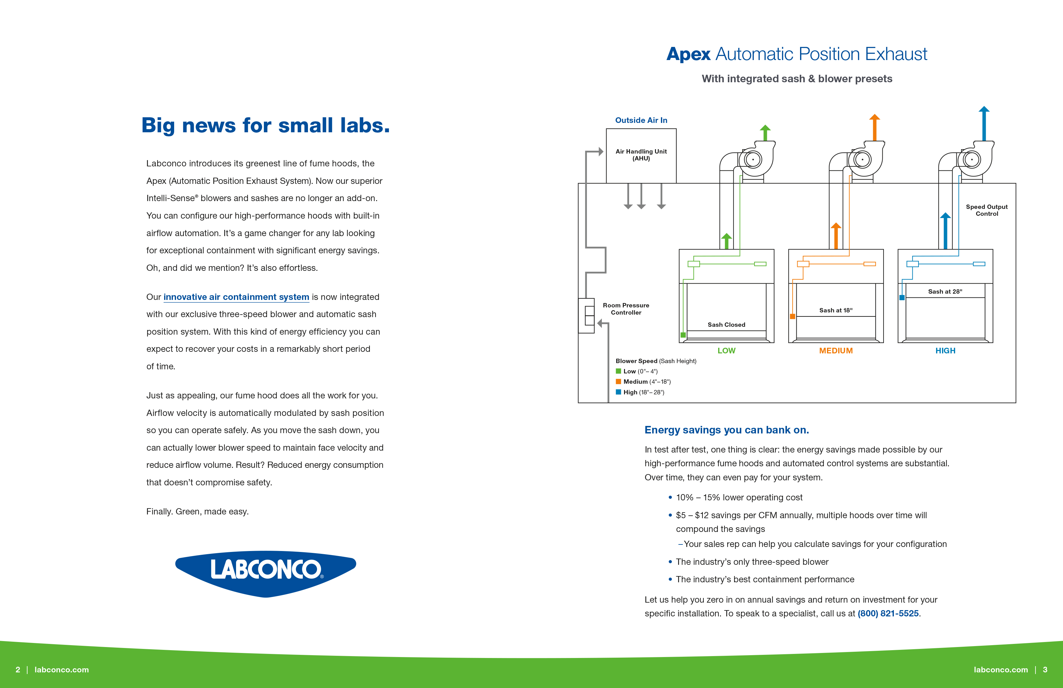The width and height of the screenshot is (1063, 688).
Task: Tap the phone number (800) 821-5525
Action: coord(888,613)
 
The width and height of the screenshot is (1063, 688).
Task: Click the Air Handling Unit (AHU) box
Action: coord(641,155)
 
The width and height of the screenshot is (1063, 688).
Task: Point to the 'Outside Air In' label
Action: coord(641,120)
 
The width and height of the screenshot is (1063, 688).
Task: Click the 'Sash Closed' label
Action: coord(726,325)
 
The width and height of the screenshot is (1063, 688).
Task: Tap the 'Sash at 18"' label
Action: coord(836,310)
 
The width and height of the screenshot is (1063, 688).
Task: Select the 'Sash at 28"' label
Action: coord(945,291)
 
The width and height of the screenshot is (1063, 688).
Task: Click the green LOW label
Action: coord(726,351)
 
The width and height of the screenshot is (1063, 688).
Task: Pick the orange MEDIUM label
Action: coord(836,351)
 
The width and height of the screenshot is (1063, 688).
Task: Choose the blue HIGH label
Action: coord(945,351)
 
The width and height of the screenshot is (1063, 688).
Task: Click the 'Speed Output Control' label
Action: coord(987,210)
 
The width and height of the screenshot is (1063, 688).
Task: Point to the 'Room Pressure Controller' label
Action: coord(626,309)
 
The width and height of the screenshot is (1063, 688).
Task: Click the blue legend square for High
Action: coord(619,392)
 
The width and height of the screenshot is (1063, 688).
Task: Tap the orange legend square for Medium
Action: coord(619,382)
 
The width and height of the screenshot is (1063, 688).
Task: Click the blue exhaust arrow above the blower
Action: coord(984,123)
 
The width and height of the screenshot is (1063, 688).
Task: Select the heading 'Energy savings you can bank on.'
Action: coord(726,430)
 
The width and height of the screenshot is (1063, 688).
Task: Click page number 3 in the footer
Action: coord(1045,670)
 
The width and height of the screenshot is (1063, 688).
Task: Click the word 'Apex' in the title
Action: coord(688,54)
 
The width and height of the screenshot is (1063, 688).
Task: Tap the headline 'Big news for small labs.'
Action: coord(265,125)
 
